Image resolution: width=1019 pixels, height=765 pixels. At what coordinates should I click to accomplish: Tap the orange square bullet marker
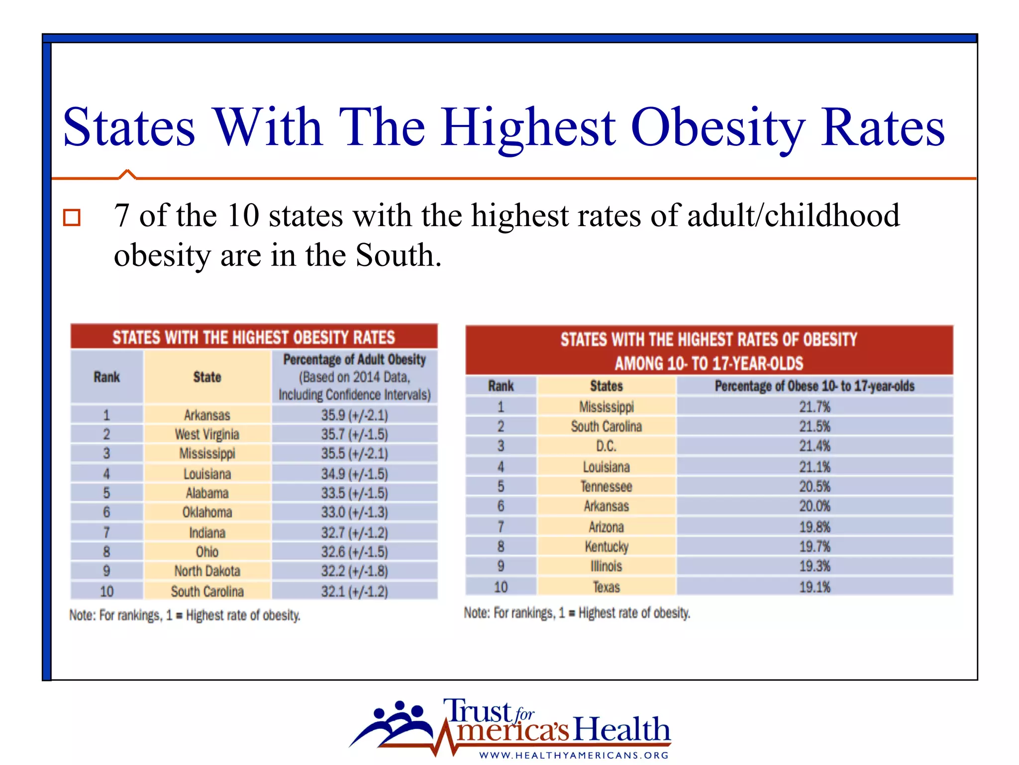[72, 218]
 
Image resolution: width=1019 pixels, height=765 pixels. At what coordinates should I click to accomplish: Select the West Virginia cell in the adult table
[207, 434]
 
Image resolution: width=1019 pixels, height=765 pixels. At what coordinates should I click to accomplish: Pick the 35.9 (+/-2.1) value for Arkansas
[354, 415]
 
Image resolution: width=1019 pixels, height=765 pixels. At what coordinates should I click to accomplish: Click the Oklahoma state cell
[207, 512]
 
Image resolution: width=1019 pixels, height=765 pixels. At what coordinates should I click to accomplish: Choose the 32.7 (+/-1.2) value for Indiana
[354, 532]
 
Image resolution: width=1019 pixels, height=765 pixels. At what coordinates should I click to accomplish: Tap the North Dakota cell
[207, 571]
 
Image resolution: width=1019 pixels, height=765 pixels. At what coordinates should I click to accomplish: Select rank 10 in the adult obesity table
[106, 592]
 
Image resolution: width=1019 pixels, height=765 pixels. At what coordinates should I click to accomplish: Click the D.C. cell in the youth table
[606, 446]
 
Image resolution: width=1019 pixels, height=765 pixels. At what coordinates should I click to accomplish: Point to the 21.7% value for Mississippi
[815, 407]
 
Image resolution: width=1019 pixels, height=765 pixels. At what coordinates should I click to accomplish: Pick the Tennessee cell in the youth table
[606, 487]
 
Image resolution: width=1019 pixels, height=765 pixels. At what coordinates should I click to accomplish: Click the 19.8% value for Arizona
[815, 527]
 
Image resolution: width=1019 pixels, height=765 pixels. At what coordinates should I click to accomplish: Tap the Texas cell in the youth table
[606, 587]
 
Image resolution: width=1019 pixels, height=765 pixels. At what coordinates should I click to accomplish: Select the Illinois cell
[606, 566]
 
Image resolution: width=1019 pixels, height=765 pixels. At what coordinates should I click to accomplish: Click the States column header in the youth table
[606, 386]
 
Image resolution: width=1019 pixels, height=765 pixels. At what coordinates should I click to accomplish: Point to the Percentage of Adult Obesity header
[354, 360]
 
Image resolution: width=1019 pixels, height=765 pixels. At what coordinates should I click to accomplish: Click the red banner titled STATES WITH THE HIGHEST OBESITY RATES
[254, 337]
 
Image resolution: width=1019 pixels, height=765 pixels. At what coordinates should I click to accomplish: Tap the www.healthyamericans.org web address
[574, 755]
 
